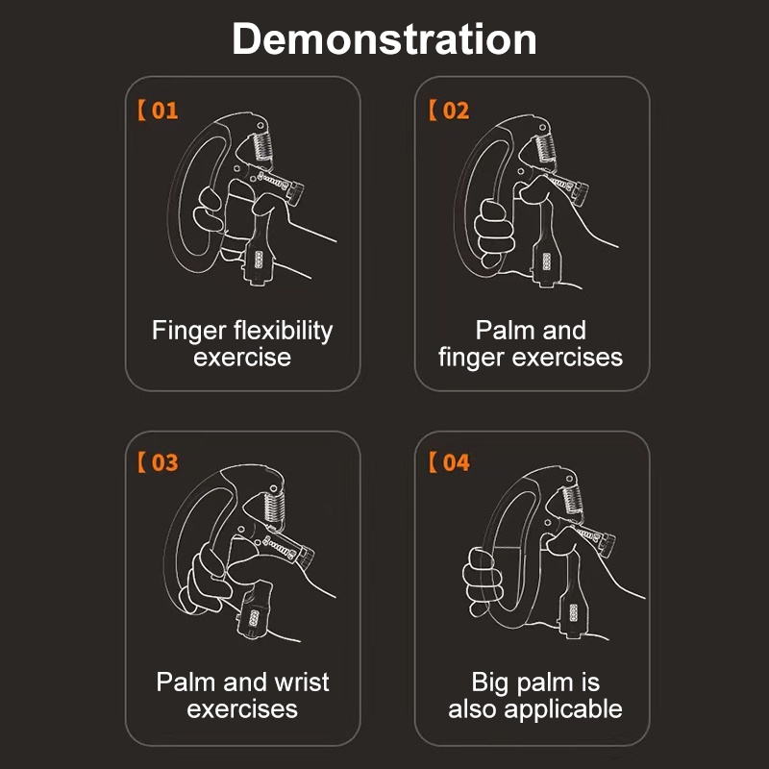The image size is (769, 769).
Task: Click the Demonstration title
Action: tap(384, 39)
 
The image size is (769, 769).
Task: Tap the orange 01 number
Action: tap(164, 111)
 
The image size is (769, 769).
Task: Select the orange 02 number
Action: tap(456, 111)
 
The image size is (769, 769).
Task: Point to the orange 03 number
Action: tap(164, 462)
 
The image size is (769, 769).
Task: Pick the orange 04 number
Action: tap(456, 462)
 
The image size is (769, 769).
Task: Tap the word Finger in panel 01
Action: tap(188, 332)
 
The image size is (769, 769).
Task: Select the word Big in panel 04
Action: tap(489, 683)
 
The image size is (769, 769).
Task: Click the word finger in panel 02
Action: tap(471, 358)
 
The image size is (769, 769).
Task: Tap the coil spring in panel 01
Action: tap(262, 146)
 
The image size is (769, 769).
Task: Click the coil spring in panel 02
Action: tap(545, 147)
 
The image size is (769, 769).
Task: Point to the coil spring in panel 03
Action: tap(274, 507)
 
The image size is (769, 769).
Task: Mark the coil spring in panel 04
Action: tap(572, 499)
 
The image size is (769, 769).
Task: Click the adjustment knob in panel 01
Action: tap(296, 193)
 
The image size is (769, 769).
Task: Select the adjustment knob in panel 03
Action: tap(305, 558)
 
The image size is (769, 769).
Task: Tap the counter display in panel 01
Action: tap(259, 260)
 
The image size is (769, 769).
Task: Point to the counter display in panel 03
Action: tap(254, 618)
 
